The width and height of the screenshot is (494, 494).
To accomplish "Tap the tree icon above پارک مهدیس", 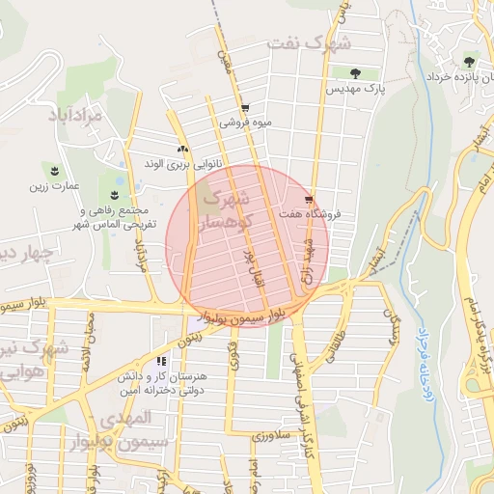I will click(355, 73).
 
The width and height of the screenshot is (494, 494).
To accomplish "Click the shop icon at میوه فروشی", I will click(245, 108).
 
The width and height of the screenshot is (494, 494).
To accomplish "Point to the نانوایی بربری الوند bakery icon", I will click(182, 149).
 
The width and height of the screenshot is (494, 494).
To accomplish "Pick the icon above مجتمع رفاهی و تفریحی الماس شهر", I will click(113, 196).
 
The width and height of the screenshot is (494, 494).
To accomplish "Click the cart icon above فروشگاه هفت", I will click(309, 201).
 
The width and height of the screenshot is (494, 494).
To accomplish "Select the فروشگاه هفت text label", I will click(308, 215).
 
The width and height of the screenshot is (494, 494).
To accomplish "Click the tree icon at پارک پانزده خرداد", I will click(471, 60).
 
